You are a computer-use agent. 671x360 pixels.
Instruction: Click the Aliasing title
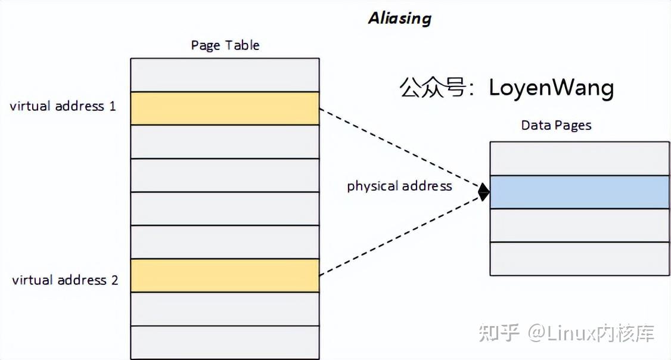coord(399,18)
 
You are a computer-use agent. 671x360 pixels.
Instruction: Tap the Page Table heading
coord(225,45)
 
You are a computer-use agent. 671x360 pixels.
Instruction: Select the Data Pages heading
coord(556,125)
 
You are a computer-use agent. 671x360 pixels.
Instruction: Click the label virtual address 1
coord(63,107)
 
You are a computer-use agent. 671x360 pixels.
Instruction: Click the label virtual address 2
coord(65,280)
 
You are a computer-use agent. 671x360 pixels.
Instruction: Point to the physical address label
coord(399,186)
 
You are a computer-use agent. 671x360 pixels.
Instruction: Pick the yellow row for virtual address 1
coord(225,108)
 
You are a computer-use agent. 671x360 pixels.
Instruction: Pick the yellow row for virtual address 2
coord(225,275)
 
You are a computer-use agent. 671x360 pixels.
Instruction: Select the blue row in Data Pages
coord(579,192)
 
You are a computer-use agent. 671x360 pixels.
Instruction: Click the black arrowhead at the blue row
coord(484,192)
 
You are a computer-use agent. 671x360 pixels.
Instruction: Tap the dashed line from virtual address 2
coord(399,235)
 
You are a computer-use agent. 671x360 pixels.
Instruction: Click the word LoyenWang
coord(551,88)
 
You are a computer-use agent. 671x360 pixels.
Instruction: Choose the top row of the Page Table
coord(225,75)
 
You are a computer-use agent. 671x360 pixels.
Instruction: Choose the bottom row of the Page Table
coord(225,342)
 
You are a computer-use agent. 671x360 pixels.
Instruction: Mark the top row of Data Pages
coord(579,159)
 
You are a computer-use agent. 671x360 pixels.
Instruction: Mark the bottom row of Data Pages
coord(579,259)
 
